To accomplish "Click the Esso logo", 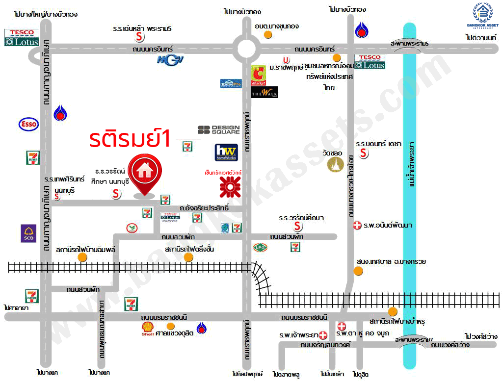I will [x=28, y=124].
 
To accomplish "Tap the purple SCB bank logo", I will [x=27, y=233].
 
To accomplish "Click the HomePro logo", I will [x=231, y=83].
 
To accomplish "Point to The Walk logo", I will [x=264, y=92].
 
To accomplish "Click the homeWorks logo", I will [x=226, y=153].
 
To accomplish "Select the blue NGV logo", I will [x=167, y=60].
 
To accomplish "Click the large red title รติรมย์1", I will [x=130, y=139].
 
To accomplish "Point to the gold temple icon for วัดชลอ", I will [x=336, y=164].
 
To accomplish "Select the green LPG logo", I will [x=260, y=247].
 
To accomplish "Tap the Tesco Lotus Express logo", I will [x=170, y=217].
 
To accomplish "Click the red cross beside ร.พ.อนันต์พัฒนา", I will [x=357, y=226].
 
